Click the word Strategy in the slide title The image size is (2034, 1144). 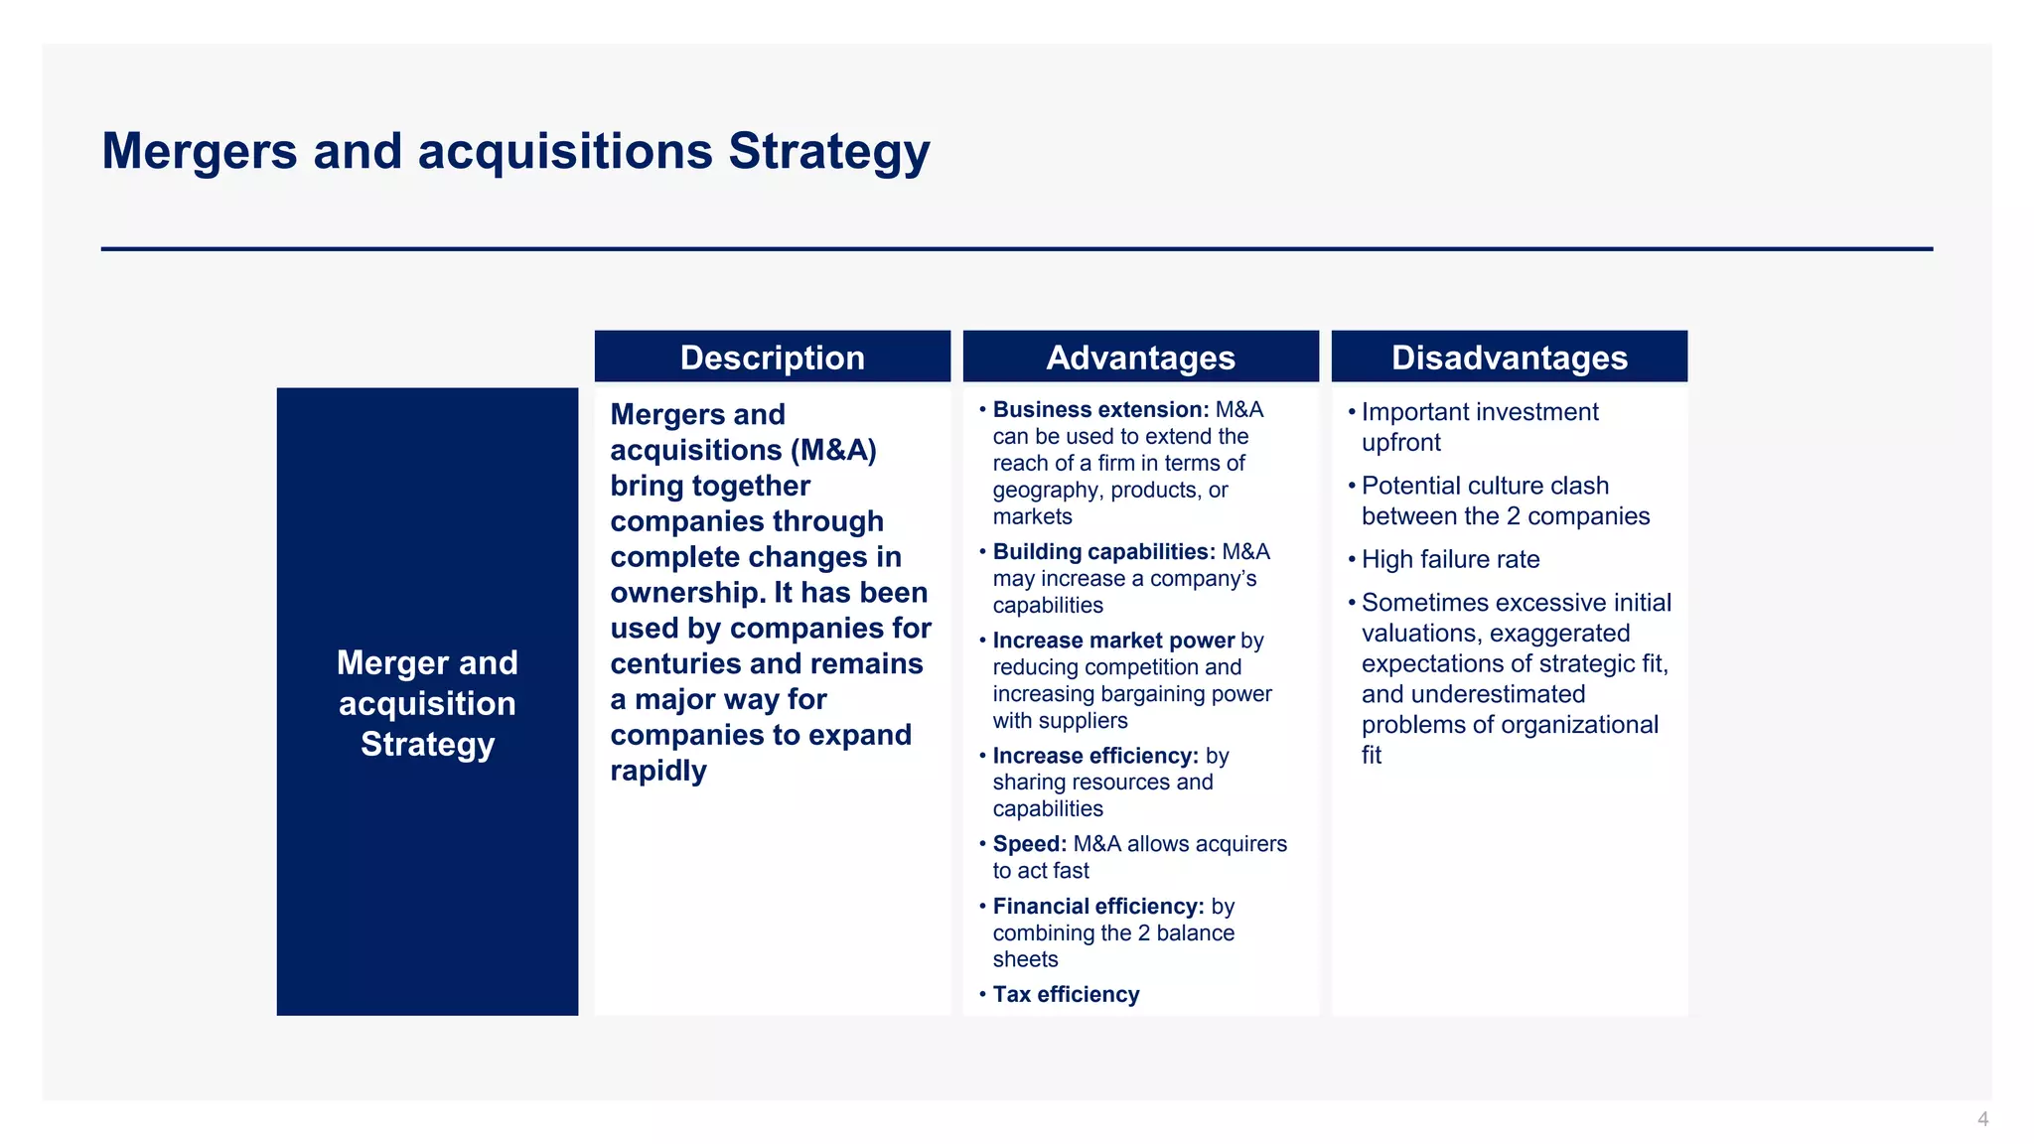[x=828, y=152]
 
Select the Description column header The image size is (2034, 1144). [x=772, y=357]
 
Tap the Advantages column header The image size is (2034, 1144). [x=1140, y=357]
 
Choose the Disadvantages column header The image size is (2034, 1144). [x=1509, y=357]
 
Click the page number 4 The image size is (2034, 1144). [x=1982, y=1119]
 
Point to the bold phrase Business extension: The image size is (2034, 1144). [x=1100, y=410]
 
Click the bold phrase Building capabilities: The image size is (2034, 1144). [x=1103, y=552]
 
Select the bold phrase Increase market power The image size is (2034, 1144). [x=1112, y=641]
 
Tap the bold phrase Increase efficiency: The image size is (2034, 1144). [x=1095, y=756]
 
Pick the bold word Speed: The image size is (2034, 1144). [x=1029, y=844]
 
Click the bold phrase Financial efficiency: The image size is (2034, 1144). [x=1097, y=907]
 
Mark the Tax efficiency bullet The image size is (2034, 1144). [x=1066, y=995]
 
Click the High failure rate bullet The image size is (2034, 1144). [x=1450, y=560]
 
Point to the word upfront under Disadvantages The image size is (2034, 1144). [x=1400, y=443]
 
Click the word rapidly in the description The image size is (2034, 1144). [x=657, y=771]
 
